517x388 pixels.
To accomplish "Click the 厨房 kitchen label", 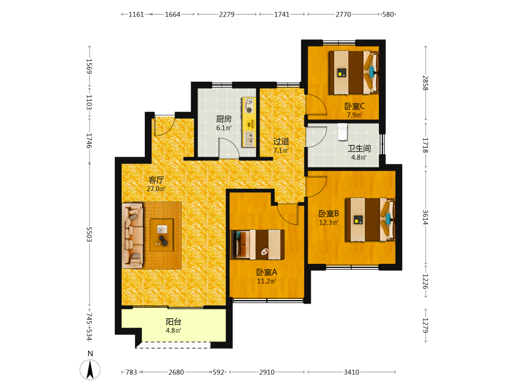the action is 223,119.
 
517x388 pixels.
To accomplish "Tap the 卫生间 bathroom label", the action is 359,148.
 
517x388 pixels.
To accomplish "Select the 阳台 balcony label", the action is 173,322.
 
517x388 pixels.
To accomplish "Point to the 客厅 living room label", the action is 156,180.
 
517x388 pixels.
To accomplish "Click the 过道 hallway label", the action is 281,142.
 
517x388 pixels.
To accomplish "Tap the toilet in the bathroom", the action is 343,132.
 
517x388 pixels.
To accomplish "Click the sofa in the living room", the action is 132,235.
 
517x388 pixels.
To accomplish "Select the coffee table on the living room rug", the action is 161,235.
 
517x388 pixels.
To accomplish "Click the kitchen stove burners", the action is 249,105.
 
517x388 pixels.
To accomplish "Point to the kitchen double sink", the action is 249,139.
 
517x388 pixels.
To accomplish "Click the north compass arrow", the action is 90,369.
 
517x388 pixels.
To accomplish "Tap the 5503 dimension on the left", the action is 89,234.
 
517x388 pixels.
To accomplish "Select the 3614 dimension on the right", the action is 425,217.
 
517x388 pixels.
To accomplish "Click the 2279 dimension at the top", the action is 227,14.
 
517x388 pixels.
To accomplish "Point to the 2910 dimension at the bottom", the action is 267,372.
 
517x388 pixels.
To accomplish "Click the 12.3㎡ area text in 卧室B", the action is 328,222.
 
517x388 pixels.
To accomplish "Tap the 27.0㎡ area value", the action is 156,189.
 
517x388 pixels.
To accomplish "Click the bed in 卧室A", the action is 257,245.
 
